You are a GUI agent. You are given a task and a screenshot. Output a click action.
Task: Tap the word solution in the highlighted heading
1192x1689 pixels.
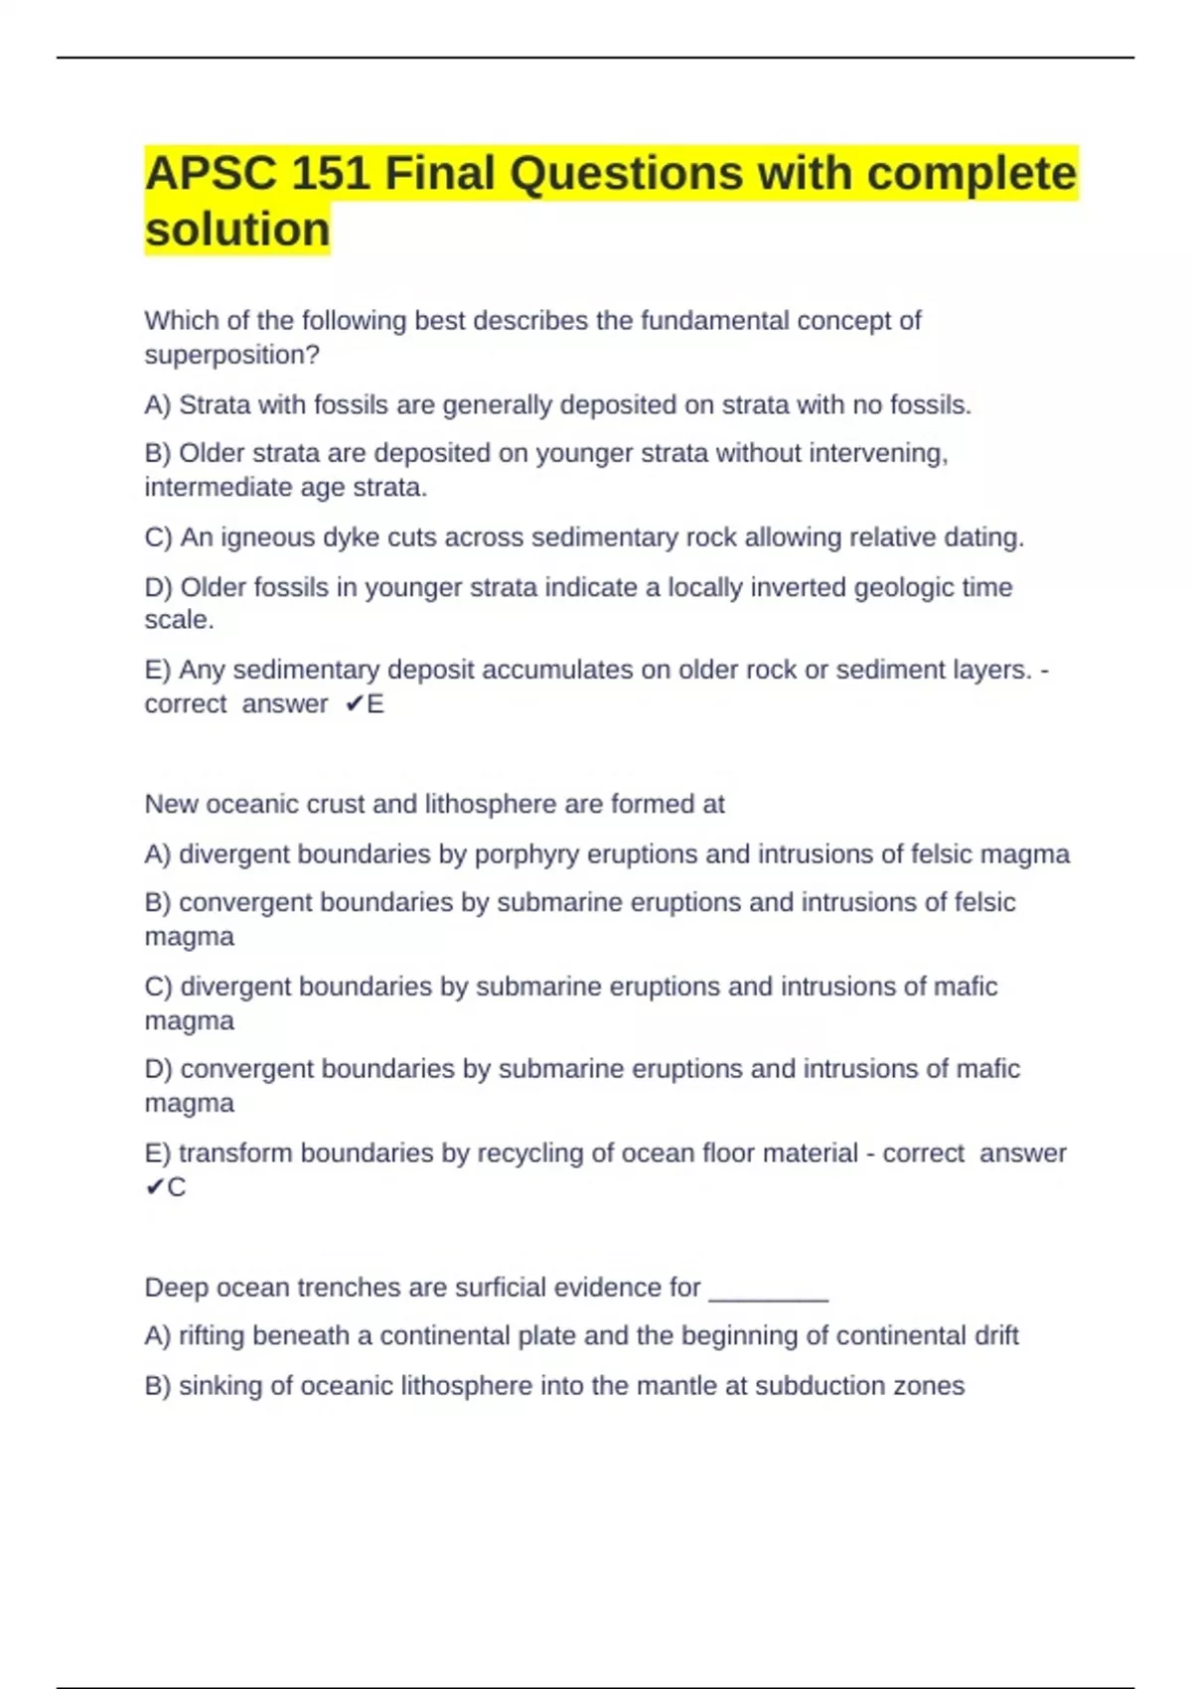[x=237, y=230]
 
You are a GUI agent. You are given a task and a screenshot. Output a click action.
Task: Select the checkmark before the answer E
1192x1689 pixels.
[x=354, y=704]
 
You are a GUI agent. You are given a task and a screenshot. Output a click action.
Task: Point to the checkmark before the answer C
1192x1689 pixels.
[x=154, y=1187]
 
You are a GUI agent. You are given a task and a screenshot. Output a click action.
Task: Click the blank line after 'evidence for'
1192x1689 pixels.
[x=768, y=1289]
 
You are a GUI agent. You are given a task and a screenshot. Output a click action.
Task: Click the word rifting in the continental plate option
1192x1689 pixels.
[x=212, y=1336]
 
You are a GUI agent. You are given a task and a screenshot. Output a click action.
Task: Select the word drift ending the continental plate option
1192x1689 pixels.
[x=996, y=1336]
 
